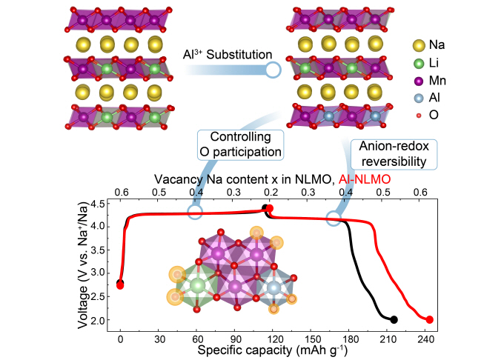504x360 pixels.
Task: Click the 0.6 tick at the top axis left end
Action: tap(121, 192)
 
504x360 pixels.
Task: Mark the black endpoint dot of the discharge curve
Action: tap(394, 320)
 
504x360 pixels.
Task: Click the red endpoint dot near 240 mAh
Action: tap(429, 320)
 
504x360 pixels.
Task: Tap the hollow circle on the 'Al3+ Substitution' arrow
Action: tap(272, 70)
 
